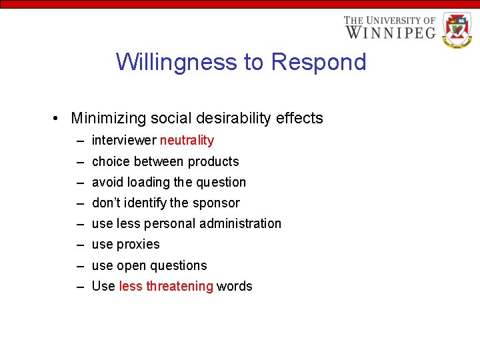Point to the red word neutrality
click(187, 140)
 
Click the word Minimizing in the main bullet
click(108, 119)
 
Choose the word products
click(213, 161)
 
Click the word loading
click(149, 182)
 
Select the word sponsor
click(216, 203)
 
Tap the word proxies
click(138, 244)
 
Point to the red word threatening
click(179, 286)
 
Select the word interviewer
click(124, 140)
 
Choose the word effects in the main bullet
click(301, 119)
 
